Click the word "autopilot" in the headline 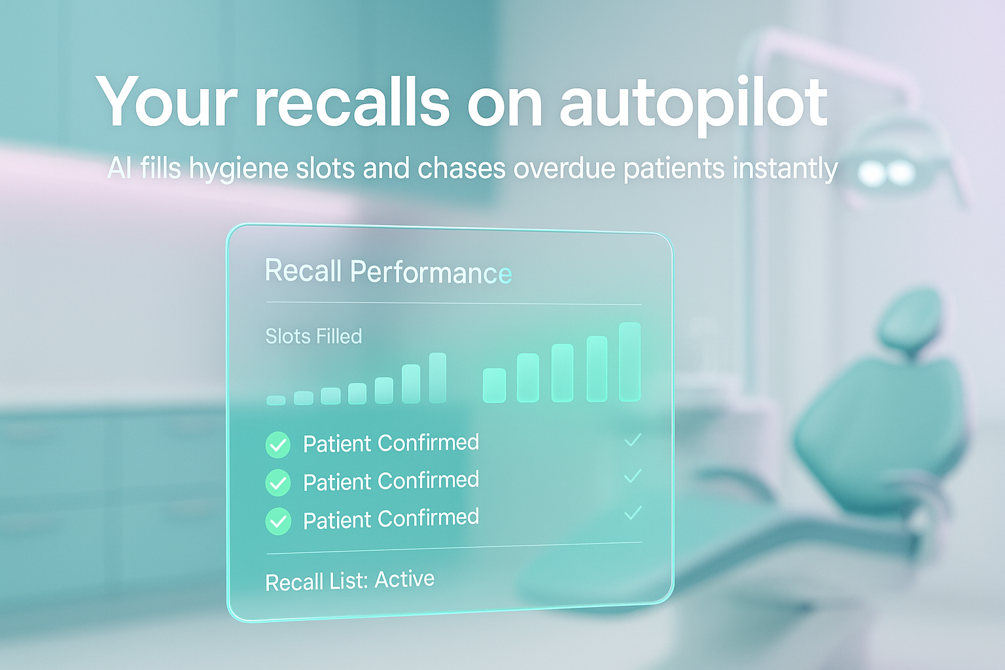pos(694,103)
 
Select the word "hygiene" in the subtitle pos(239,169)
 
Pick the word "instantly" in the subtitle pos(785,169)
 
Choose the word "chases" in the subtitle pos(462,169)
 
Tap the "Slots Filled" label pos(313,336)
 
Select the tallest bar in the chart pos(629,361)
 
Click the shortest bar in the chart pos(276,400)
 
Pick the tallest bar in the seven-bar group pos(438,378)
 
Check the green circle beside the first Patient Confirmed pos(278,445)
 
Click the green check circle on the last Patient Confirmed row pos(278,521)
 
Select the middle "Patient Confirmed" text pos(391,482)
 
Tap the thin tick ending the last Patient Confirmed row pos(633,513)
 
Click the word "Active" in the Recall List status pos(404,580)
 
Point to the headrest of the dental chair pos(909,321)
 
